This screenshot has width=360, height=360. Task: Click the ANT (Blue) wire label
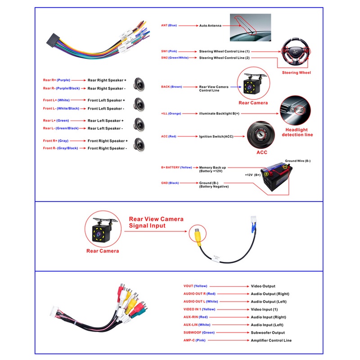coord(169,25)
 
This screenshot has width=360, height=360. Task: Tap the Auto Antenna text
coord(210,26)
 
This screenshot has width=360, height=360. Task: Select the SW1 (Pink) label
coord(169,51)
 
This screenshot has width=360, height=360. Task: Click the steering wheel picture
coord(296,52)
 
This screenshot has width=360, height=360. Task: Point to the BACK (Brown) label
coord(171,87)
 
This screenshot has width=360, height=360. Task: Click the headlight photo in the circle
coord(295,111)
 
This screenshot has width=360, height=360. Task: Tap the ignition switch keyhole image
coord(261,135)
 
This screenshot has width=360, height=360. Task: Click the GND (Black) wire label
coord(170,183)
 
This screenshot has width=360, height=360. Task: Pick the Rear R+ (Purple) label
coord(57,80)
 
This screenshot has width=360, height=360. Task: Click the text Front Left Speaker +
coord(106,100)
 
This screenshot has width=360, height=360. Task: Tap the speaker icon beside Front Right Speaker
coord(139,144)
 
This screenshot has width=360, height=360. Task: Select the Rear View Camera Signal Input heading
coord(156,222)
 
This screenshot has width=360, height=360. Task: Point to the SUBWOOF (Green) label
coord(199,333)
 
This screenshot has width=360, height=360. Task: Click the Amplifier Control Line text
coord(271,341)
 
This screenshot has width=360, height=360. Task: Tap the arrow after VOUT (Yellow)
coord(229,286)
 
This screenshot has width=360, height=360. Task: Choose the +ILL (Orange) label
coord(171,113)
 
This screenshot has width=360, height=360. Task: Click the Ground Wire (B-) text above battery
coord(298,161)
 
